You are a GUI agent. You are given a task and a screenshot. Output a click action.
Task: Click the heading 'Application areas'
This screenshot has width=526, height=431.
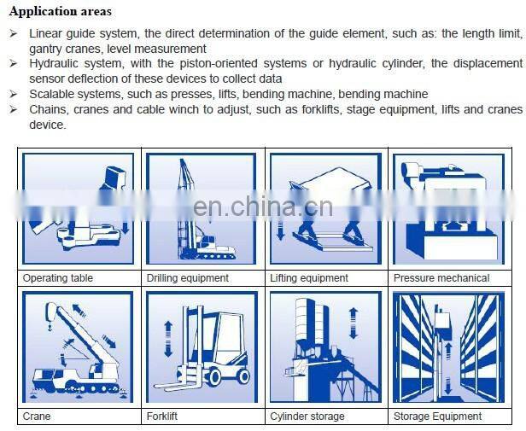61,12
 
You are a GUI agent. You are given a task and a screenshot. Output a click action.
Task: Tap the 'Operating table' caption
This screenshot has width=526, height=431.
58,278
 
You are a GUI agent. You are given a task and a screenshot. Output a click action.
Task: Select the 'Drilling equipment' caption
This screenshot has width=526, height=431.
188,278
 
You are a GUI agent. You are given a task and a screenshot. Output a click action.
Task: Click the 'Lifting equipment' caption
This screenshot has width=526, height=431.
309,278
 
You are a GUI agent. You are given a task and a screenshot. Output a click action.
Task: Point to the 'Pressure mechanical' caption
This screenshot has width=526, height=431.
441,278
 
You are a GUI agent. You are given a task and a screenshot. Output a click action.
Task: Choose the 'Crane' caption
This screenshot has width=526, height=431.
37,416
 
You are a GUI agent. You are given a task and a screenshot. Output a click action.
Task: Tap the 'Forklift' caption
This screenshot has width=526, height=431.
162,416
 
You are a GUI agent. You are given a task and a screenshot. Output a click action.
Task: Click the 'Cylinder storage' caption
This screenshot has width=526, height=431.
307,416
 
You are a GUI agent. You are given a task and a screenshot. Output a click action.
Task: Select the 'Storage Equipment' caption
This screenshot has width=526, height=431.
437,416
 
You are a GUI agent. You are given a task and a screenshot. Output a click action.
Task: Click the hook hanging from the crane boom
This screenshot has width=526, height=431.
50,327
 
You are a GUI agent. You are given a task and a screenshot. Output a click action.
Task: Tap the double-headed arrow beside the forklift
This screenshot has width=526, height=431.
168,339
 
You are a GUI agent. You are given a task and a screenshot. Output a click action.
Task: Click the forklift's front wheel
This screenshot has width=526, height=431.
213,376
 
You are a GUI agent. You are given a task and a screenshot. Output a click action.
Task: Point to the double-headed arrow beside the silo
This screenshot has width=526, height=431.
354,323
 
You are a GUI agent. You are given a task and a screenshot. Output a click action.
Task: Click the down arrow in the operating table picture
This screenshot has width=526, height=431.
126,227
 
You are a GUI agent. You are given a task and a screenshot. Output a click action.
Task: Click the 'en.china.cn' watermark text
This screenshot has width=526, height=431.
263,207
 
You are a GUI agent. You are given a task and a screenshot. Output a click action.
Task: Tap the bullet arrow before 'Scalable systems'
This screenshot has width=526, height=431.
14,94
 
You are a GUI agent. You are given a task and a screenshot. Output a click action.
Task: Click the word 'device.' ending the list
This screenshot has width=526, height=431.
48,125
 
